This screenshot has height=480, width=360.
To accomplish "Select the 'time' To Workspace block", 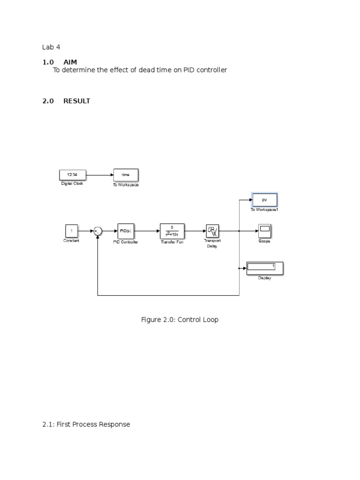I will tap(126, 175).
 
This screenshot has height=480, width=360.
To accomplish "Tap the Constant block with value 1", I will tap(71, 231).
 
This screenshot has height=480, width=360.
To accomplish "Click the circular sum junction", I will tap(97, 231).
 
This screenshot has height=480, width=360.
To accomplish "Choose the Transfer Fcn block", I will tap(172, 231).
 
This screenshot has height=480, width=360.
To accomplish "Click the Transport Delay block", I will tap(213, 231).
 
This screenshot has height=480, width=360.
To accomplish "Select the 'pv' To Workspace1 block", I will tap(264, 200).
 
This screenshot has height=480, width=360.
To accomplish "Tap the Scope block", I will tap(265, 231).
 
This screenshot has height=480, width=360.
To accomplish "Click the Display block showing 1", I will tap(265, 268).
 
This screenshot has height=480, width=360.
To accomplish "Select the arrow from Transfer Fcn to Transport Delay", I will tap(195, 231).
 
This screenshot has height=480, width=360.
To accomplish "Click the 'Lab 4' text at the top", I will tap(51, 47).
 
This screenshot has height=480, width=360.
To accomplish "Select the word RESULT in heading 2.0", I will tap(77, 101).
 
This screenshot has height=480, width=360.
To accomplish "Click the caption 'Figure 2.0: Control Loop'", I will tap(180, 320).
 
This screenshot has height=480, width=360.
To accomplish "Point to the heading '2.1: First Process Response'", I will tap(86, 424).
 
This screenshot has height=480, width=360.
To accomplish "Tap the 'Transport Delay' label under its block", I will tap(212, 243).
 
